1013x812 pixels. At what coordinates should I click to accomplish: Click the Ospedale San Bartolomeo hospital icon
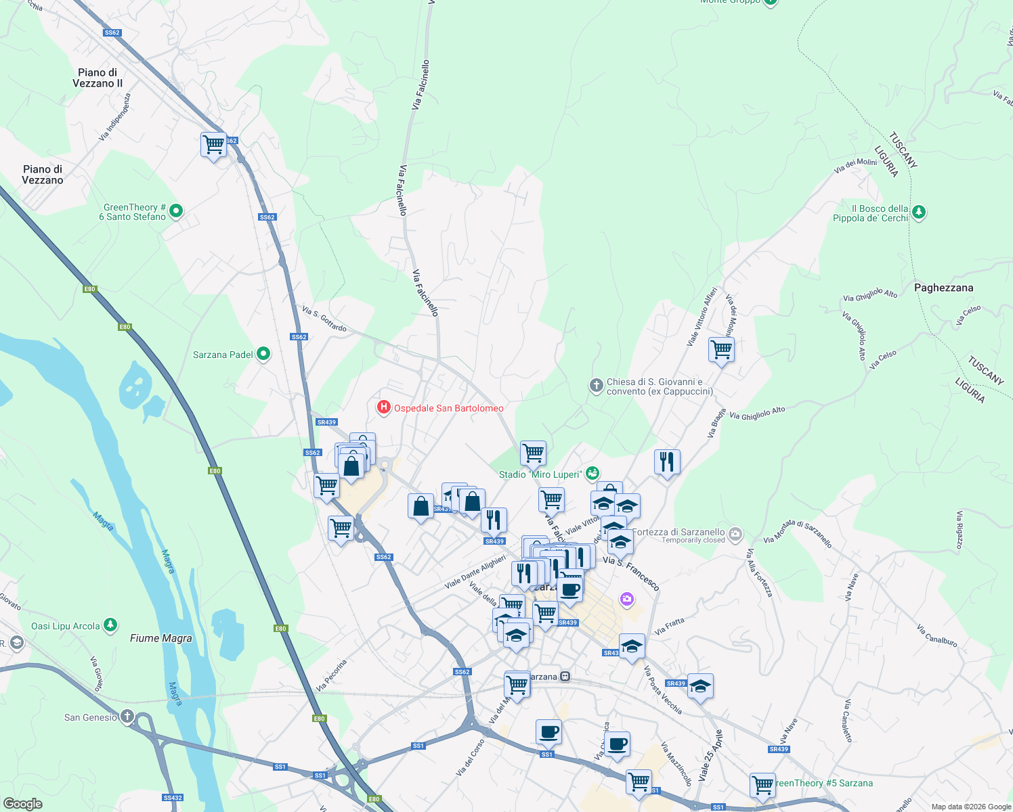click(384, 407)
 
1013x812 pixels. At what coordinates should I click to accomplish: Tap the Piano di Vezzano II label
click(98, 78)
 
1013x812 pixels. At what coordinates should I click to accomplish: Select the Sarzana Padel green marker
click(263, 354)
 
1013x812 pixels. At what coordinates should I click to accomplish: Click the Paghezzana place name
click(943, 288)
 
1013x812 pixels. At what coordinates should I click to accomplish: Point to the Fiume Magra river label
click(160, 638)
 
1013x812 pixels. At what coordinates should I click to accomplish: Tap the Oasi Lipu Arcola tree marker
click(110, 625)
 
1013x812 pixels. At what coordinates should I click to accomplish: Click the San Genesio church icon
click(127, 717)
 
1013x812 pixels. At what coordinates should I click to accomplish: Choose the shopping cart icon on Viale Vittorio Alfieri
click(721, 350)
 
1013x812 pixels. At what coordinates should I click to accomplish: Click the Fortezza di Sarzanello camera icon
click(736, 533)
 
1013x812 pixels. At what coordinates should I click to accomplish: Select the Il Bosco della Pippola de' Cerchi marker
click(919, 212)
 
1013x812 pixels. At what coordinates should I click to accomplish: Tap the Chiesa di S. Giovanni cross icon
click(596, 386)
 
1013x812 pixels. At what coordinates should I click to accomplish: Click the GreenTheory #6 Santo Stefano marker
click(176, 211)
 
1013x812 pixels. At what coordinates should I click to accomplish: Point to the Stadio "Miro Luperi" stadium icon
click(592, 473)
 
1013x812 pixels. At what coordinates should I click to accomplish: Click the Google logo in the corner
click(22, 803)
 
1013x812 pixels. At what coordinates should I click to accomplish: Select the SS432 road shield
click(173, 798)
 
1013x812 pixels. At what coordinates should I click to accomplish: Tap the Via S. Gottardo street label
click(324, 319)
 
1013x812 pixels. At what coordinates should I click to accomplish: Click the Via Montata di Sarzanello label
click(797, 533)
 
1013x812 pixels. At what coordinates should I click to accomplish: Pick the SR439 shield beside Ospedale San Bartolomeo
click(326, 422)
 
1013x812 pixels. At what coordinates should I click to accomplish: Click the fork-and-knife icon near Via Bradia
click(667, 461)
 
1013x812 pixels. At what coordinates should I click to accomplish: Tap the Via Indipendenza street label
click(114, 116)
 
